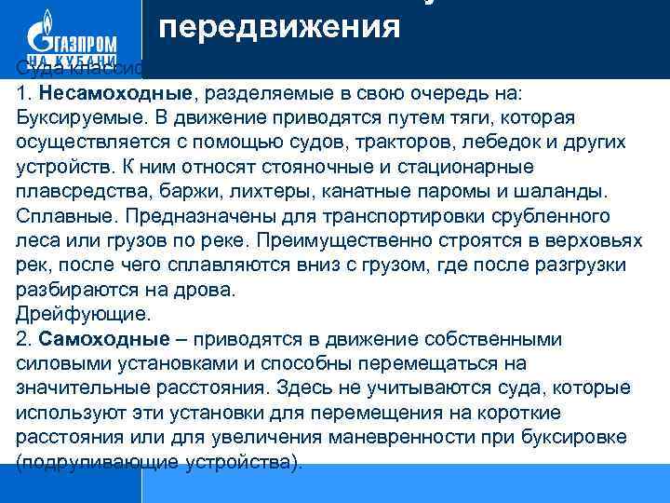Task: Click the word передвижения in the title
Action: tap(279, 26)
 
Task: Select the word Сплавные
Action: tap(58, 217)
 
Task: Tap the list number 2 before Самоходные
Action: tap(22, 338)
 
